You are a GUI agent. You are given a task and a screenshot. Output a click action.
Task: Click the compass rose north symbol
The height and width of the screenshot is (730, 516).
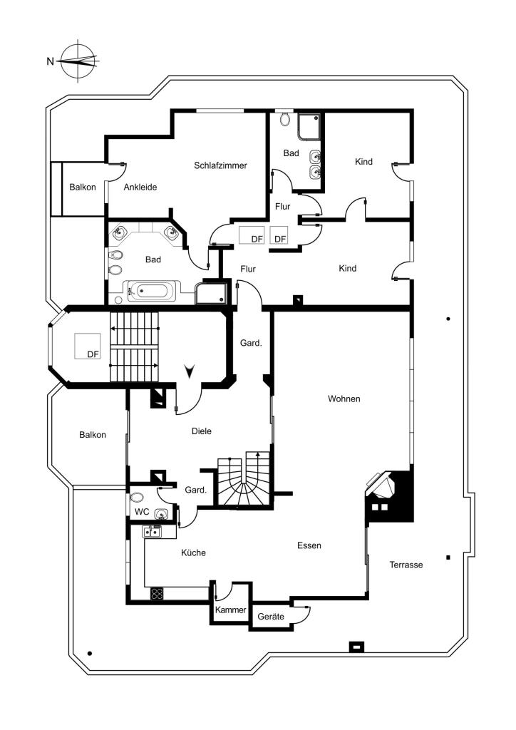(x=78, y=61)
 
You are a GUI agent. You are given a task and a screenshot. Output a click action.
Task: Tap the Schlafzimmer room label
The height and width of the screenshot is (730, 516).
(x=220, y=165)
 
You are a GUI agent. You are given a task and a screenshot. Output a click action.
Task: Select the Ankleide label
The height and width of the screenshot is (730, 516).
(x=140, y=187)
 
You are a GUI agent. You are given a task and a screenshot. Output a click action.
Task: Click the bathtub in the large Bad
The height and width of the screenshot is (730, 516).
(x=152, y=292)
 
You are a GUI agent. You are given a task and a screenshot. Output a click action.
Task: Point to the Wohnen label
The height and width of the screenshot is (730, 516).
(x=344, y=399)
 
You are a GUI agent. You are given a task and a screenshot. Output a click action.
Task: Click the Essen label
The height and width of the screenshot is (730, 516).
(x=309, y=545)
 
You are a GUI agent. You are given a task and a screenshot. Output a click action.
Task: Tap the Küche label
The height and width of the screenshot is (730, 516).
(x=193, y=552)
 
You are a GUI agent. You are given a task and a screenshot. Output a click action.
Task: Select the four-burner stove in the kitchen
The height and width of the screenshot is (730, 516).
(x=157, y=593)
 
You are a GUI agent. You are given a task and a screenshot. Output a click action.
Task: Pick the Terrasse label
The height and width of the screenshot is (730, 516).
(x=406, y=565)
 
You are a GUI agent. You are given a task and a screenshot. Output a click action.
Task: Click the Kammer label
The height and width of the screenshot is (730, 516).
(x=230, y=610)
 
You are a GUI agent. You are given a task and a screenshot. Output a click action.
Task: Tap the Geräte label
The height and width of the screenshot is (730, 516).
(x=271, y=617)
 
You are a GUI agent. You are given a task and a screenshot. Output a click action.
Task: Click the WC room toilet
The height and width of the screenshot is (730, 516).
(x=136, y=498)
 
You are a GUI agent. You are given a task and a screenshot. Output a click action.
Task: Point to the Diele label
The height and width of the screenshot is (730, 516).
(x=202, y=431)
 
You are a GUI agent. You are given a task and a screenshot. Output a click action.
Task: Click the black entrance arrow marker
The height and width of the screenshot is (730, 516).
(x=190, y=371)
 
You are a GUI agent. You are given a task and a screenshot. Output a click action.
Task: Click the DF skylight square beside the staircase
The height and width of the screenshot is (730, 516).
(x=88, y=346)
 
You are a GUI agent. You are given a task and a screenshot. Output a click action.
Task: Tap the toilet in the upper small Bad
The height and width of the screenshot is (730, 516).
(x=286, y=119)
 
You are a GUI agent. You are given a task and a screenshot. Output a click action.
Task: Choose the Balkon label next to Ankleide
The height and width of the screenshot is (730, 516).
(x=83, y=187)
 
